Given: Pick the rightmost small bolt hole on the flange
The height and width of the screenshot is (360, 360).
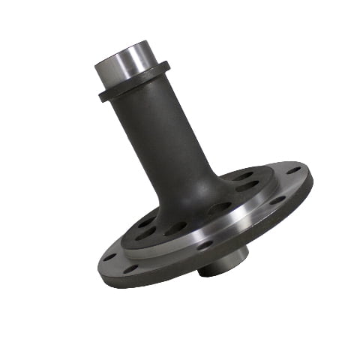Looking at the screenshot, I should pyautogui.click(x=293, y=170).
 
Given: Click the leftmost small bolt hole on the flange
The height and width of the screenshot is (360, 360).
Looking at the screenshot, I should pyautogui.click(x=110, y=256).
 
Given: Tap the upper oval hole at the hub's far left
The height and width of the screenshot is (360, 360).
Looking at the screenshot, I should pyautogui.click(x=146, y=222).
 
